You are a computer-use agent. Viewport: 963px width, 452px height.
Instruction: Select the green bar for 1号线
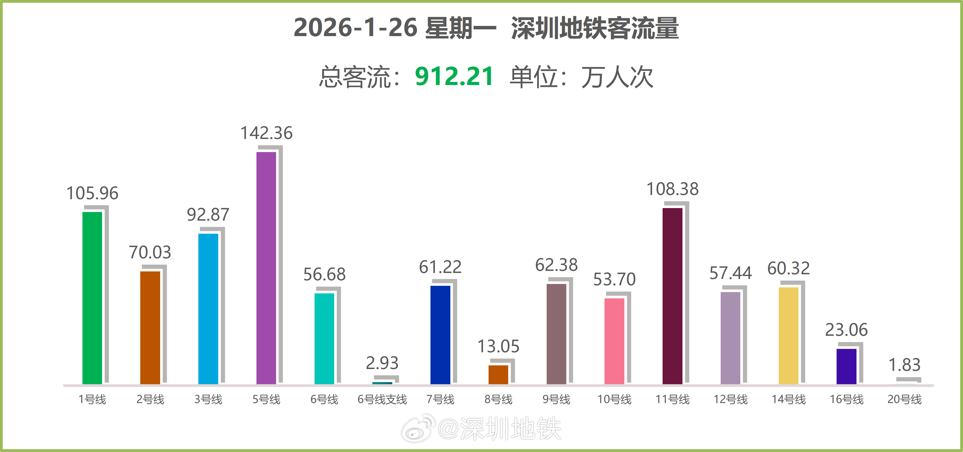click(x=92, y=298)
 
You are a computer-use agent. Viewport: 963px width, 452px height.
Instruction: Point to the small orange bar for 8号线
click(x=498, y=374)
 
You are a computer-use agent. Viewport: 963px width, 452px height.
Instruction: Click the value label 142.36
click(x=266, y=133)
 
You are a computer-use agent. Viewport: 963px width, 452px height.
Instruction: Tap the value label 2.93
click(x=382, y=363)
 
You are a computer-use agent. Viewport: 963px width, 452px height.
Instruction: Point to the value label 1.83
click(x=904, y=365)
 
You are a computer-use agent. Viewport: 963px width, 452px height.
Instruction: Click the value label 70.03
click(x=150, y=252)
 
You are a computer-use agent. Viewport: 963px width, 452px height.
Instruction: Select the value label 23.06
click(x=846, y=330)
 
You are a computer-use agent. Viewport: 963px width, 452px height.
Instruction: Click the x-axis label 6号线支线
click(x=382, y=399)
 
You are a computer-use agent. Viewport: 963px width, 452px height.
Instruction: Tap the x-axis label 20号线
click(x=904, y=399)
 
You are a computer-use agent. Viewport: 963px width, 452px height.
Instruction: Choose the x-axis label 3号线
click(x=208, y=399)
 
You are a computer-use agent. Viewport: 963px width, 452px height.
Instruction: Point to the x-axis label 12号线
click(x=730, y=399)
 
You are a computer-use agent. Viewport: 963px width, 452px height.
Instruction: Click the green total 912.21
click(x=454, y=77)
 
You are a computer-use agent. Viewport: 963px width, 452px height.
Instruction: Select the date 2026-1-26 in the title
click(x=355, y=28)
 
